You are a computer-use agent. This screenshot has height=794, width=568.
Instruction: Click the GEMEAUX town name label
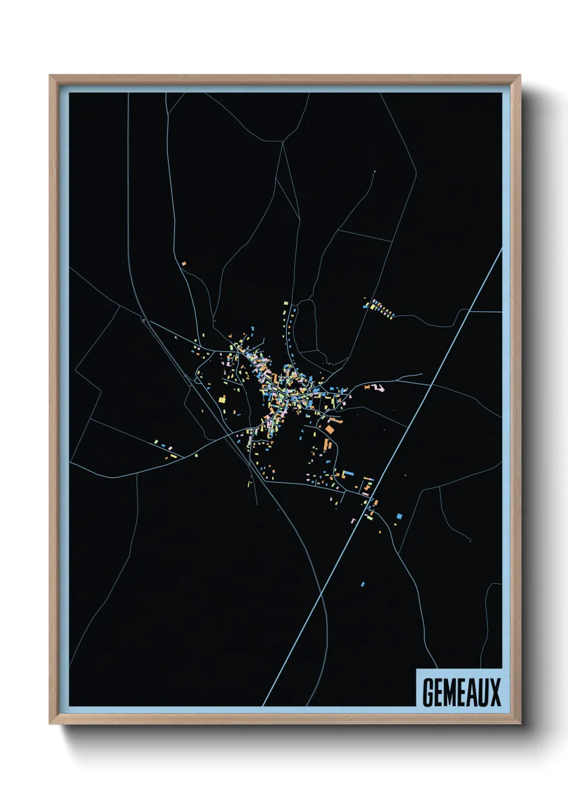coord(461,692)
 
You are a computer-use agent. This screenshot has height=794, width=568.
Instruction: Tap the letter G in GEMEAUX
coord(428,692)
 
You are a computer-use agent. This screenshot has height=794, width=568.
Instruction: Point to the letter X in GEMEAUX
coord(494,692)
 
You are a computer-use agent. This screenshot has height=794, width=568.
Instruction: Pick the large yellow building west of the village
coord(222,399)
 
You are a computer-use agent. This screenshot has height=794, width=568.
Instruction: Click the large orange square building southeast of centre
coord(330,429)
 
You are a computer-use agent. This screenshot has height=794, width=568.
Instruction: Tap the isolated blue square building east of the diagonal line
coord(399,516)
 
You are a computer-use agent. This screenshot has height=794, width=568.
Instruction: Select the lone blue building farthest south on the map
coord(363,584)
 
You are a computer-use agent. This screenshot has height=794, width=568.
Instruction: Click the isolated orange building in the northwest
coord(184,263)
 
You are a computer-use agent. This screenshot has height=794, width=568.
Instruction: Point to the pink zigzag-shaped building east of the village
coord(378,387)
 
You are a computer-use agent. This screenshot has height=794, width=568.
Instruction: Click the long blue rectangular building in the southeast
coord(347,473)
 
